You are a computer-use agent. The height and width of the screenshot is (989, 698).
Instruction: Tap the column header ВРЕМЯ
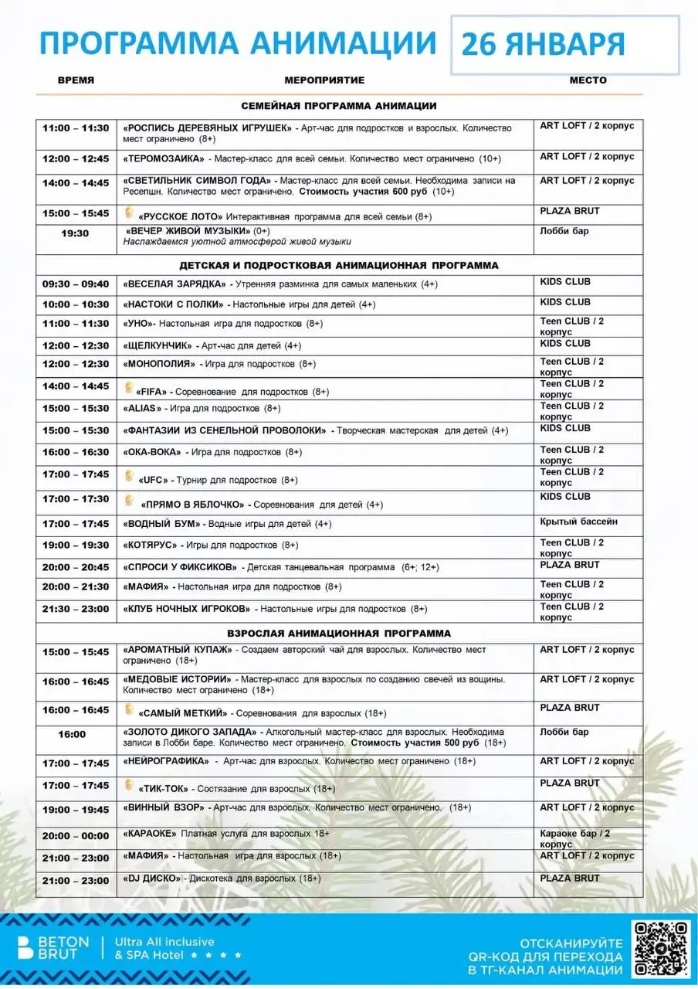pos(76,80)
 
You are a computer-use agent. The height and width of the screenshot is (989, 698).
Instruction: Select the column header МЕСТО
pos(588,80)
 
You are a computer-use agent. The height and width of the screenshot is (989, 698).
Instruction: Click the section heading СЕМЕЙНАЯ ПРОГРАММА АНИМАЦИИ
pos(338,106)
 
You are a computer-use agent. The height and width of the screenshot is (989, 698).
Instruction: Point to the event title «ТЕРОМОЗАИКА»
pos(164,159)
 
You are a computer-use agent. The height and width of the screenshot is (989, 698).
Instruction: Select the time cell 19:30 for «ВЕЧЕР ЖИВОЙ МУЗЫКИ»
pos(76,233)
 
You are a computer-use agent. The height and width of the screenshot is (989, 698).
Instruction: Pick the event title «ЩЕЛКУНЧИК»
pos(158,345)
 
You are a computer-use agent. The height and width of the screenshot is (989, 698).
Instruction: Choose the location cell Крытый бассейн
pos(578,522)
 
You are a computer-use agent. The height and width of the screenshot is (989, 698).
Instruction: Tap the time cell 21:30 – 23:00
pos(76,609)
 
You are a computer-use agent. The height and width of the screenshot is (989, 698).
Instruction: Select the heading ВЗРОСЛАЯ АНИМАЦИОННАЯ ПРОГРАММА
pos(338,633)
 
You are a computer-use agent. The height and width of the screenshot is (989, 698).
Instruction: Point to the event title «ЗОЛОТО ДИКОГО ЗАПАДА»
pos(191,732)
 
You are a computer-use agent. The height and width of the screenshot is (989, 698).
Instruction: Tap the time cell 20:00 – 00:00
pos(76,836)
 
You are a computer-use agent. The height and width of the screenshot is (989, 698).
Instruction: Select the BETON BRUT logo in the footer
pos(49,949)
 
